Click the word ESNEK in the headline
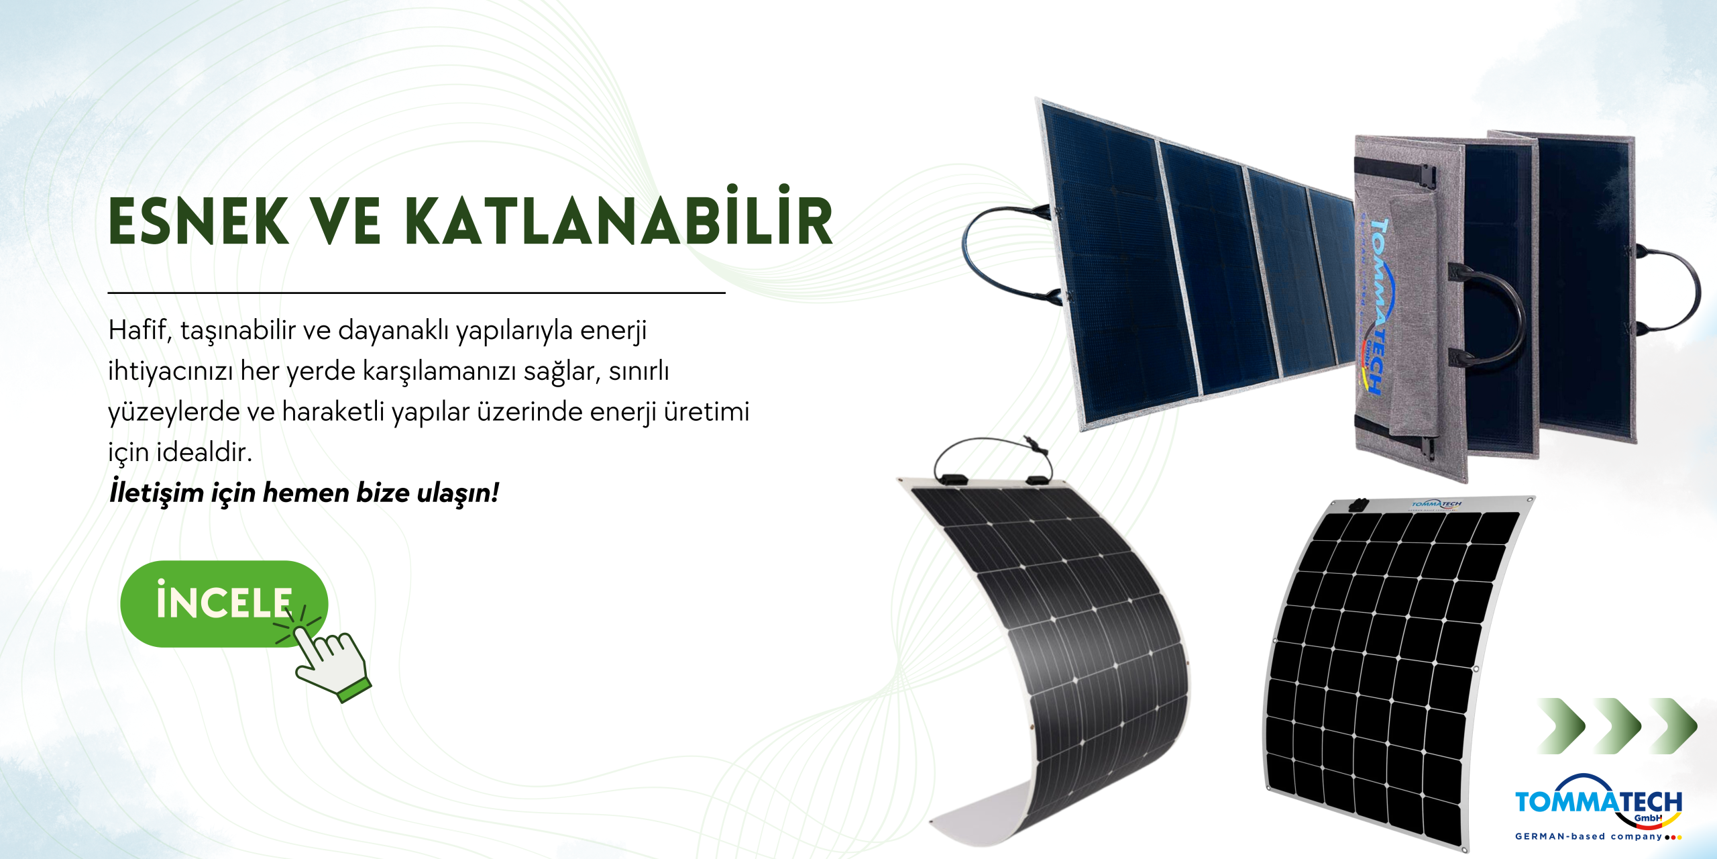(x=199, y=221)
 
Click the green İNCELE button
(x=224, y=603)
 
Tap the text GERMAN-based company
(x=1588, y=837)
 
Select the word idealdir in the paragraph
(x=204, y=452)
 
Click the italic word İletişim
(x=156, y=492)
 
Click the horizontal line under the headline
(x=417, y=293)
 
